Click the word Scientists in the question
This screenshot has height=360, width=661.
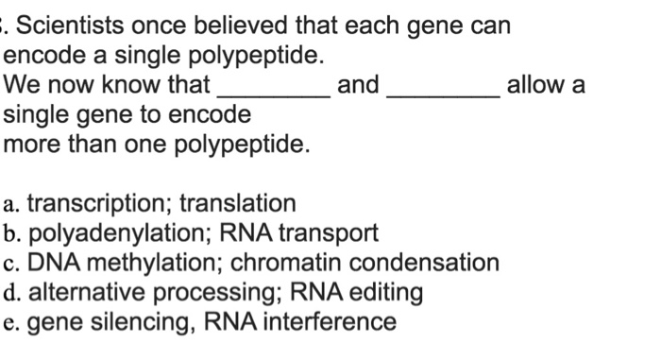coord(78,26)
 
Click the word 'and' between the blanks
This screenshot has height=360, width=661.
coord(358,85)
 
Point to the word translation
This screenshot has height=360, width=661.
coord(237,204)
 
